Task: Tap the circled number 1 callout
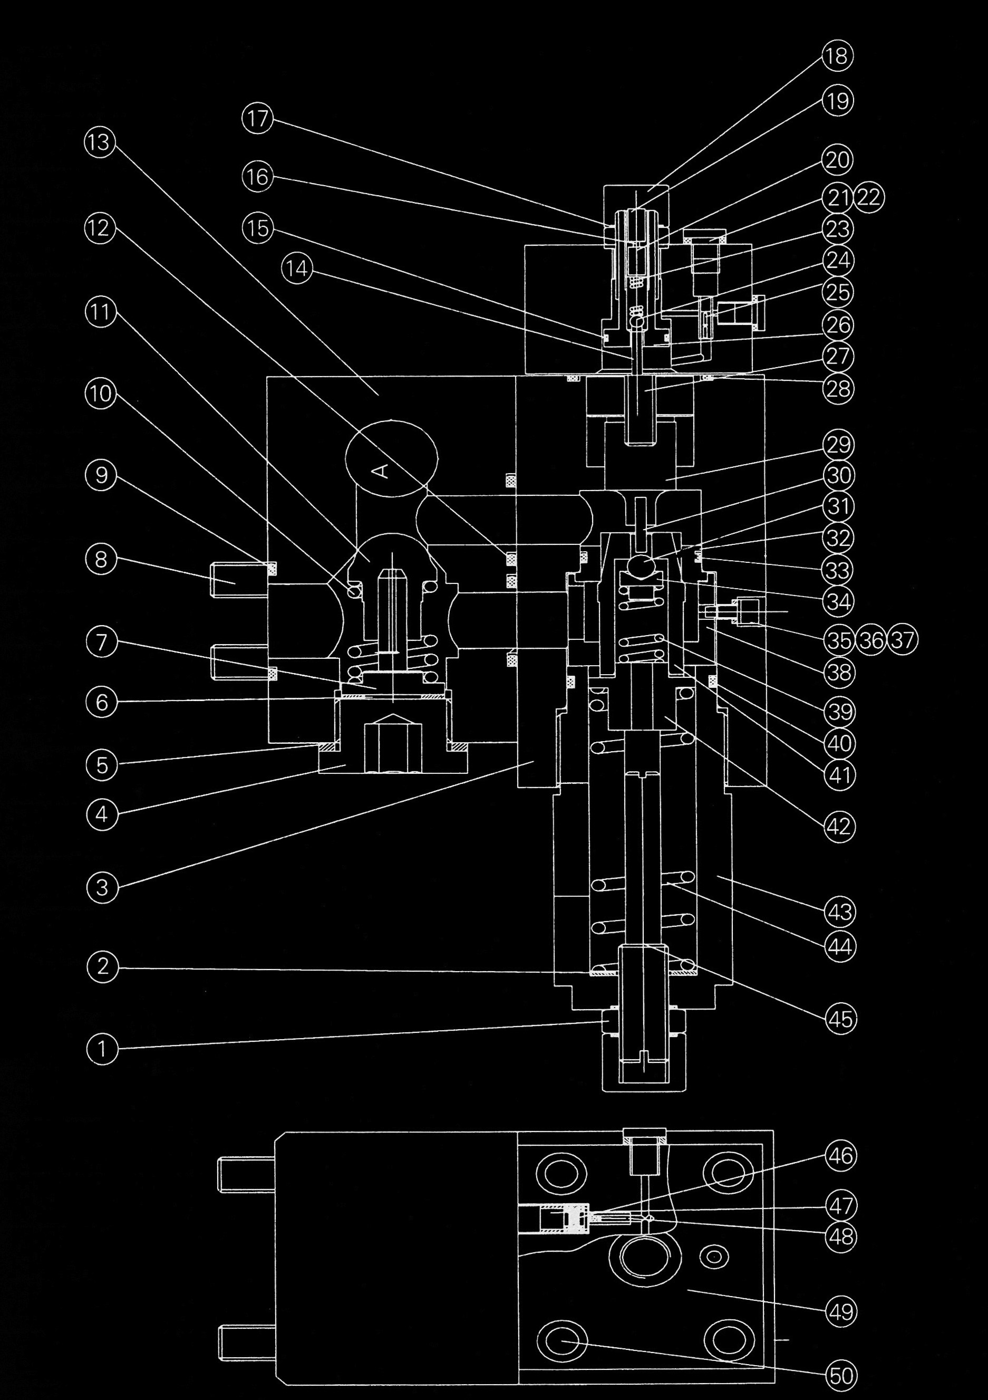pos(102,1049)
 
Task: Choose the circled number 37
pos(903,640)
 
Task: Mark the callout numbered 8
pos(102,559)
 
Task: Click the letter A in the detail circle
pos(380,469)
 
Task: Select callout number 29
pos(839,445)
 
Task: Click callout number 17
pos(258,118)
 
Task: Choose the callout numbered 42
pos(839,827)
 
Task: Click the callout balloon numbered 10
pos(101,394)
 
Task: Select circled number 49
pos(841,1310)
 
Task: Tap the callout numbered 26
pos(838,324)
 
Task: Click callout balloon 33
pos(838,570)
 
